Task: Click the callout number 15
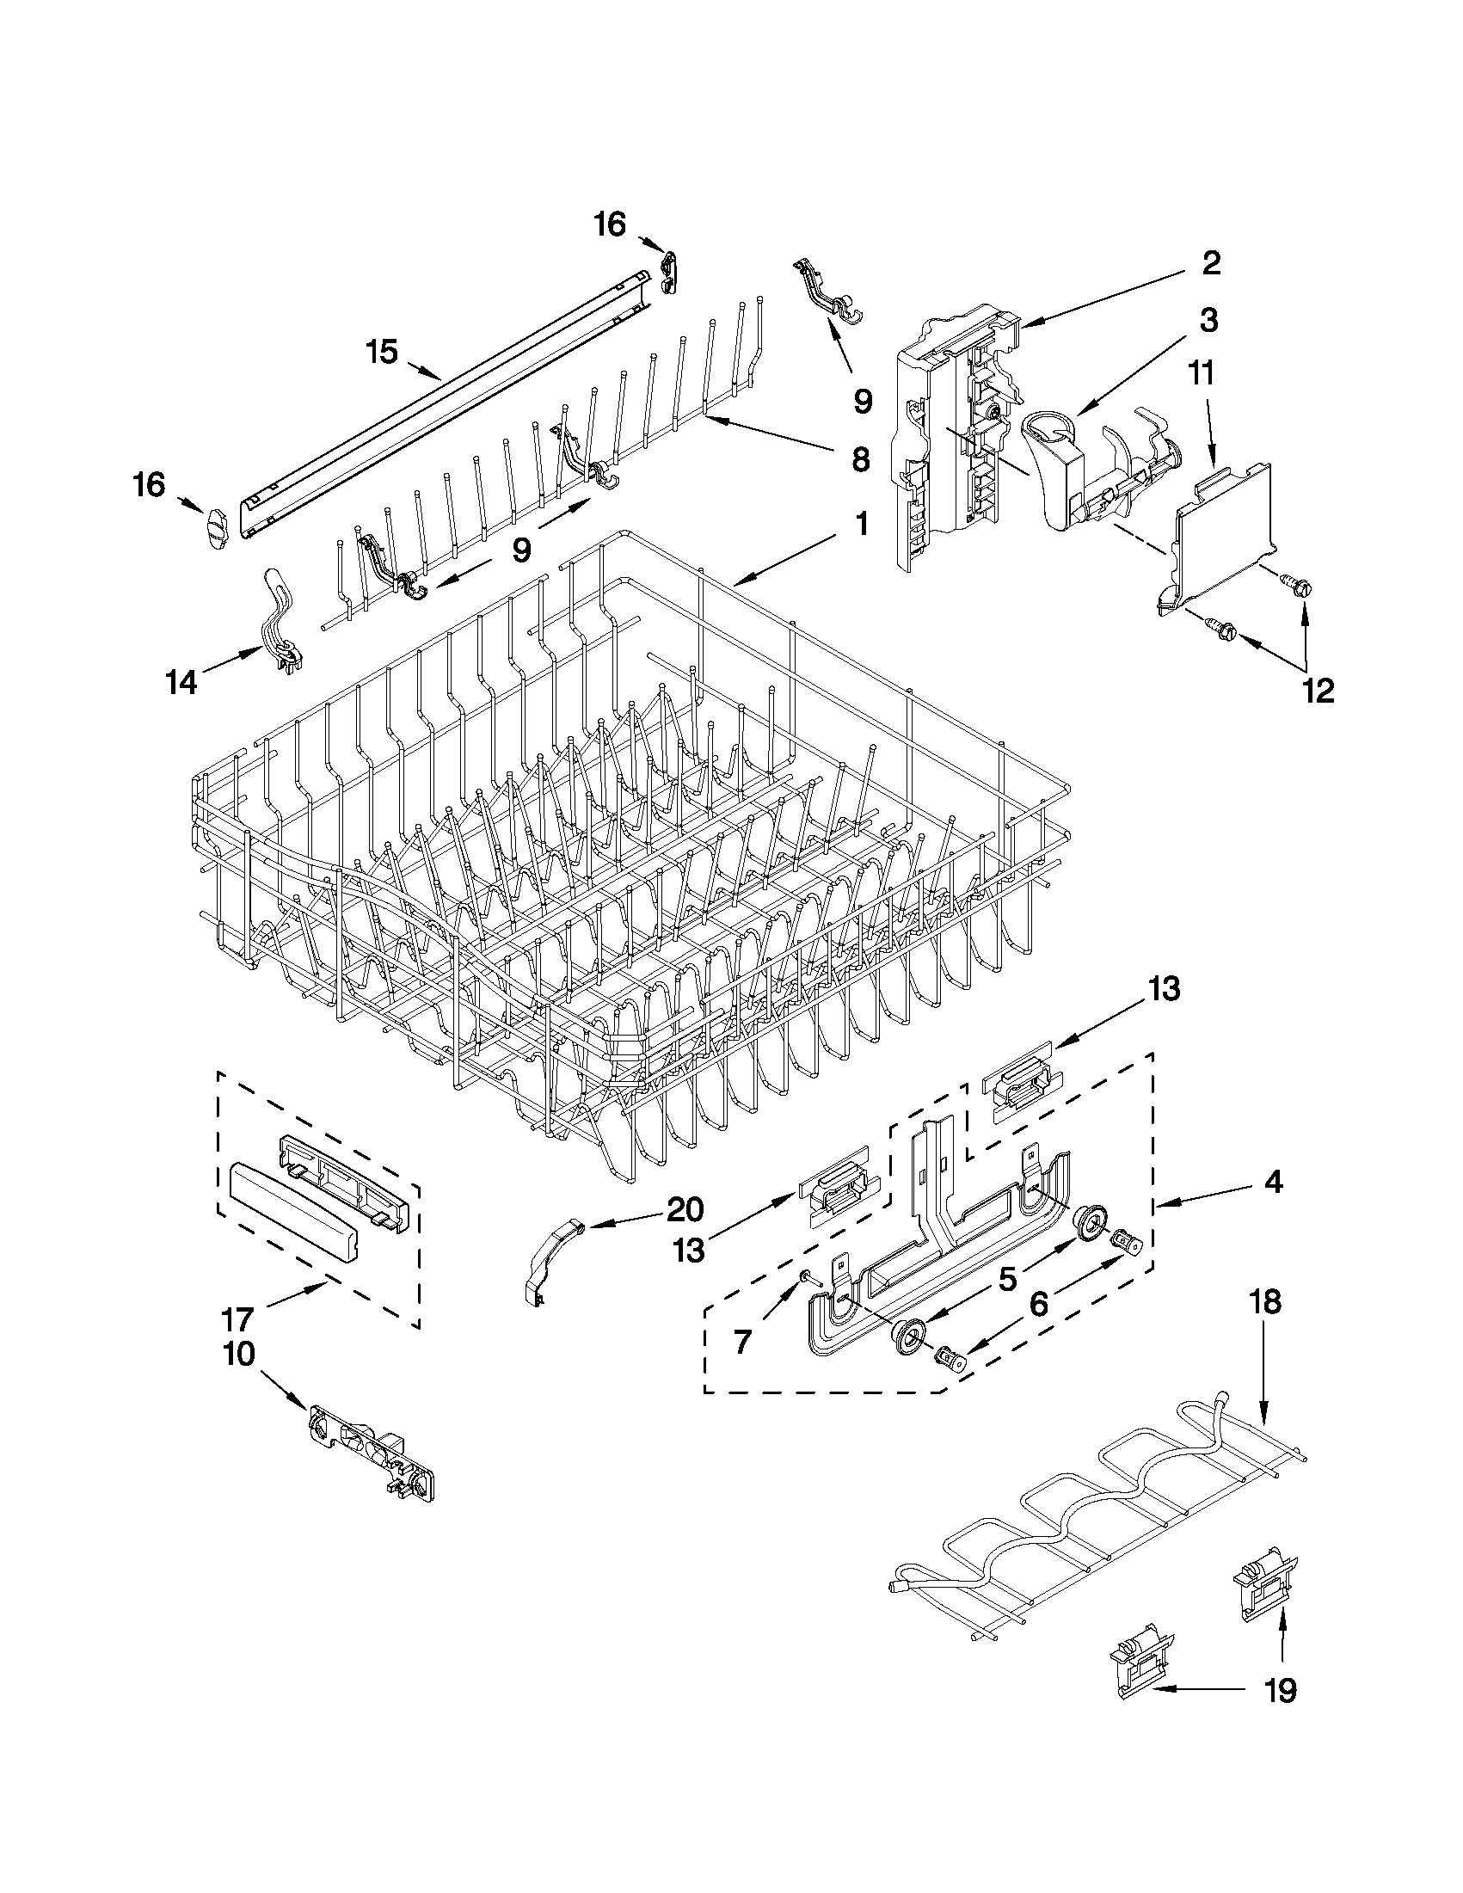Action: click(x=381, y=353)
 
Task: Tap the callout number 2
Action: click(x=1211, y=263)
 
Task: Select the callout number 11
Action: click(x=1202, y=374)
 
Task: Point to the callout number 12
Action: click(x=1318, y=691)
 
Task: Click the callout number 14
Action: click(x=182, y=683)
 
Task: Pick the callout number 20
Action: click(x=685, y=1209)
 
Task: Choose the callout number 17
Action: click(x=237, y=1319)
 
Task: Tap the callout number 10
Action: click(x=239, y=1354)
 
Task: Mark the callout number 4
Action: click(x=1271, y=1183)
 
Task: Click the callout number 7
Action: click(x=743, y=1343)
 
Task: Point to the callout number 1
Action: click(x=861, y=524)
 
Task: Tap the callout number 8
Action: click(x=859, y=459)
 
